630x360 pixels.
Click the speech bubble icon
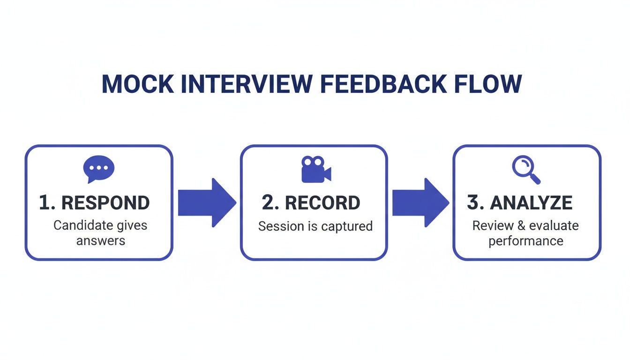98,169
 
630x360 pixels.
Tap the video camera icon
315,169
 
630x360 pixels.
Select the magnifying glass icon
526,170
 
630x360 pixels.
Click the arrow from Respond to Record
206,202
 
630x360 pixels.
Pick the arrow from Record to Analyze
420,202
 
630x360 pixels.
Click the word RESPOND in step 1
105,203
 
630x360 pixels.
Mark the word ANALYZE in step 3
531,203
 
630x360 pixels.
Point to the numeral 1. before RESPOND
47,203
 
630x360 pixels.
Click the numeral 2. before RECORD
270,203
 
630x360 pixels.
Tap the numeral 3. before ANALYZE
475,203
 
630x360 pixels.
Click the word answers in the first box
100,241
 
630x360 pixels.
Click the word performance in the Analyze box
525,241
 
